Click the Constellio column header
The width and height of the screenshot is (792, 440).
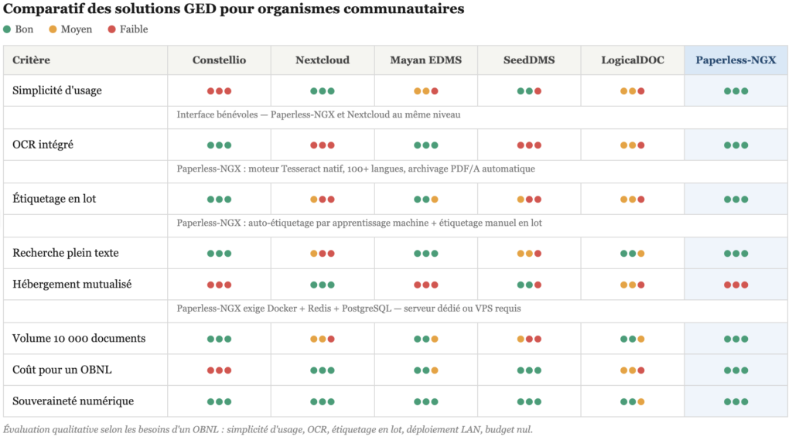click(x=219, y=60)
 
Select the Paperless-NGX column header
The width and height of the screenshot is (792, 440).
click(x=736, y=60)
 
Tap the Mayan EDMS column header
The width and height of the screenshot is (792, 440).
click(x=425, y=60)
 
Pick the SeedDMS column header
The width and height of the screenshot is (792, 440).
click(x=529, y=60)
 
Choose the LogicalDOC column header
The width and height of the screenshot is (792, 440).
click(x=633, y=60)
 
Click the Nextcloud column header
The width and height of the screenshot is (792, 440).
click(x=323, y=60)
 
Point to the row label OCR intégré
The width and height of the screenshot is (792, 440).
click(x=43, y=145)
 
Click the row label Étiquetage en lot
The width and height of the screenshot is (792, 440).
click(x=54, y=199)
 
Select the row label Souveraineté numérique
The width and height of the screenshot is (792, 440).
click(x=73, y=401)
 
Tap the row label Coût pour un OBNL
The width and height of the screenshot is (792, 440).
click(x=62, y=370)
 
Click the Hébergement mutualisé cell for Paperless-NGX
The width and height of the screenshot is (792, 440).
click(x=736, y=285)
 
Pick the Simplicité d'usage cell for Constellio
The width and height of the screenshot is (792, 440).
click(x=219, y=91)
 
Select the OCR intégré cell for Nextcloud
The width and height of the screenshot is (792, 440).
click(x=323, y=145)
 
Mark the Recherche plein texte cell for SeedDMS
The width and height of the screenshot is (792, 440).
click(x=529, y=254)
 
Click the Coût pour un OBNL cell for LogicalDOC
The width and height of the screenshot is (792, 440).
click(x=633, y=370)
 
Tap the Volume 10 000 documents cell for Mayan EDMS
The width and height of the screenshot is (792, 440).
click(x=425, y=339)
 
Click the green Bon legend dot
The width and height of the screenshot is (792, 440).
click(x=7, y=29)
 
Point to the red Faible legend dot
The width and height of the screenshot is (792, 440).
click(x=111, y=29)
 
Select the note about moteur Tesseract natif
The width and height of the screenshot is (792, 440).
click(x=355, y=169)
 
